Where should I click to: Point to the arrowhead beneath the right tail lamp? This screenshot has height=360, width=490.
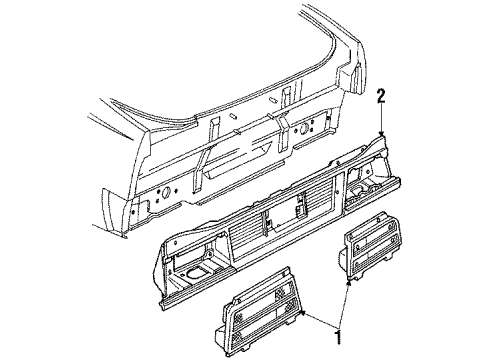pos(348,285)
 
